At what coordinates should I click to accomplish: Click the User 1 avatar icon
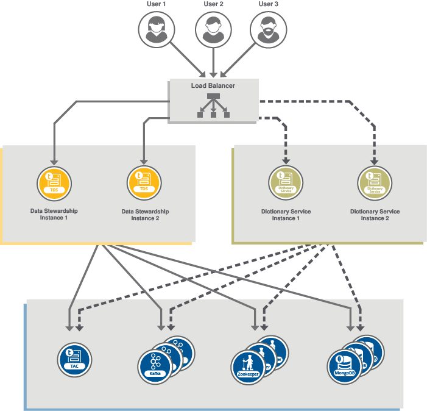click(x=157, y=28)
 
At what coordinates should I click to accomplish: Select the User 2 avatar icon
click(x=213, y=28)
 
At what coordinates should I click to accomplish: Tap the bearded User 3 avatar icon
click(x=268, y=28)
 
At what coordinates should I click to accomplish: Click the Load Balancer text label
click(x=213, y=86)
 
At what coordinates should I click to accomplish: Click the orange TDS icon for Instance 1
click(x=54, y=182)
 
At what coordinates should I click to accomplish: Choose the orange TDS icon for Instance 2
click(x=144, y=182)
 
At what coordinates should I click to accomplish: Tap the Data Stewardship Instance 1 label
click(x=54, y=214)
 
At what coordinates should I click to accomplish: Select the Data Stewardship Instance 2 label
click(x=145, y=215)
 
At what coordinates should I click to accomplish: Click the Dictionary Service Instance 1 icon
click(x=286, y=182)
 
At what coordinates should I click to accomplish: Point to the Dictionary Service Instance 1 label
click(x=286, y=215)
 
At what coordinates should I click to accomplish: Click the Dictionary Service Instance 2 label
click(x=375, y=215)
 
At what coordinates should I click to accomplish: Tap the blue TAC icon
click(x=74, y=359)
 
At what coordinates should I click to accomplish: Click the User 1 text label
click(x=157, y=4)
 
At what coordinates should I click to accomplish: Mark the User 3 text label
click(x=268, y=4)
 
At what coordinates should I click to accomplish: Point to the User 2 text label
click(x=213, y=4)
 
